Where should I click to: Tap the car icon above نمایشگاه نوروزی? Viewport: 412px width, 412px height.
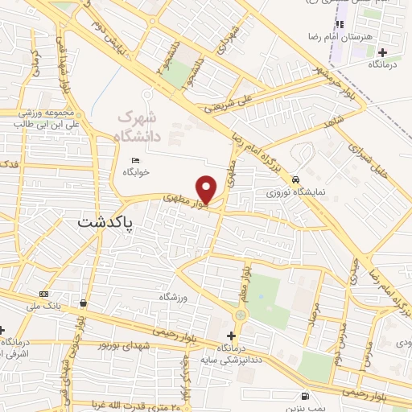(x=296, y=179)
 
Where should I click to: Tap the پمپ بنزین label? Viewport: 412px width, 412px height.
(x=306, y=408)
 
